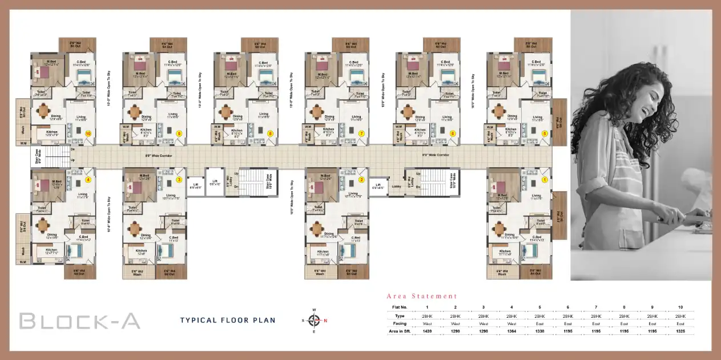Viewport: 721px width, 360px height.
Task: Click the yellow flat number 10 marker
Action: coord(88,133)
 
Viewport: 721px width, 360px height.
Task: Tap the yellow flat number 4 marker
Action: coord(88,179)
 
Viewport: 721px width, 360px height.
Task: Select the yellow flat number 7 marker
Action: coord(361,133)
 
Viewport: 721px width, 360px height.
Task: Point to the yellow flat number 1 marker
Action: coord(544,179)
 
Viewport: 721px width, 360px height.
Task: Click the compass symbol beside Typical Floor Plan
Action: coord(313,320)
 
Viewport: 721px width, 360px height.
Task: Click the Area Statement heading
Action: coord(422,296)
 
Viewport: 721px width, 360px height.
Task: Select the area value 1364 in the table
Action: coord(511,331)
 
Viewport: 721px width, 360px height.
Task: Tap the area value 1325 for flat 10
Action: coord(680,331)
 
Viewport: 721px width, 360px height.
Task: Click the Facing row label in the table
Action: coord(399,323)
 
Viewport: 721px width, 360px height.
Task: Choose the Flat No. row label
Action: coord(399,307)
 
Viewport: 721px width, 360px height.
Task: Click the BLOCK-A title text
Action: coord(79,321)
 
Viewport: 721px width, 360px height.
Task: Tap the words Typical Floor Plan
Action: coord(227,320)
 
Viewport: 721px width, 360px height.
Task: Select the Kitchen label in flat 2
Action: coord(323,252)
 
